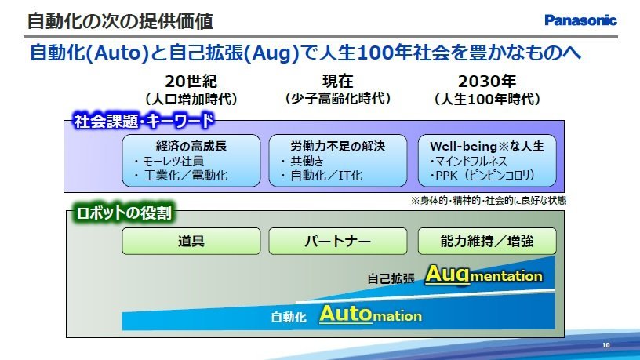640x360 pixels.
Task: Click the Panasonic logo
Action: (x=580, y=20)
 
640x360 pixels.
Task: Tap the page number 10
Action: (x=605, y=345)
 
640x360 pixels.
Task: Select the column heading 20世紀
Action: (x=191, y=82)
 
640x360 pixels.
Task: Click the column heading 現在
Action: (x=337, y=82)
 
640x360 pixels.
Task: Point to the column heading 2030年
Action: (x=487, y=82)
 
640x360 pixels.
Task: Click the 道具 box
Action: (x=191, y=242)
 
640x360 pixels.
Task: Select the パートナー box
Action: (x=337, y=242)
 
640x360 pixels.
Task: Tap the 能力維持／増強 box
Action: (x=487, y=242)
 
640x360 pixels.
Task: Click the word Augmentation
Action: (x=484, y=275)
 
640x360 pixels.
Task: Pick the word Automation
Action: (x=371, y=315)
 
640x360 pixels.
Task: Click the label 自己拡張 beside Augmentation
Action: (x=391, y=278)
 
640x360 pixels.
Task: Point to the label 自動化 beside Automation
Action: (x=289, y=317)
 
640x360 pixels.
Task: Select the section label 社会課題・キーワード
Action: (x=144, y=121)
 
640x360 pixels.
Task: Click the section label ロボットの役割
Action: (x=124, y=213)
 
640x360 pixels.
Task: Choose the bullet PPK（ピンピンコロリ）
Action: (x=482, y=176)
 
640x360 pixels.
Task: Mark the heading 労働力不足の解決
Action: (x=337, y=146)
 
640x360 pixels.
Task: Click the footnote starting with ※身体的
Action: (x=489, y=201)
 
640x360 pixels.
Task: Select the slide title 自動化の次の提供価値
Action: (x=120, y=21)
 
